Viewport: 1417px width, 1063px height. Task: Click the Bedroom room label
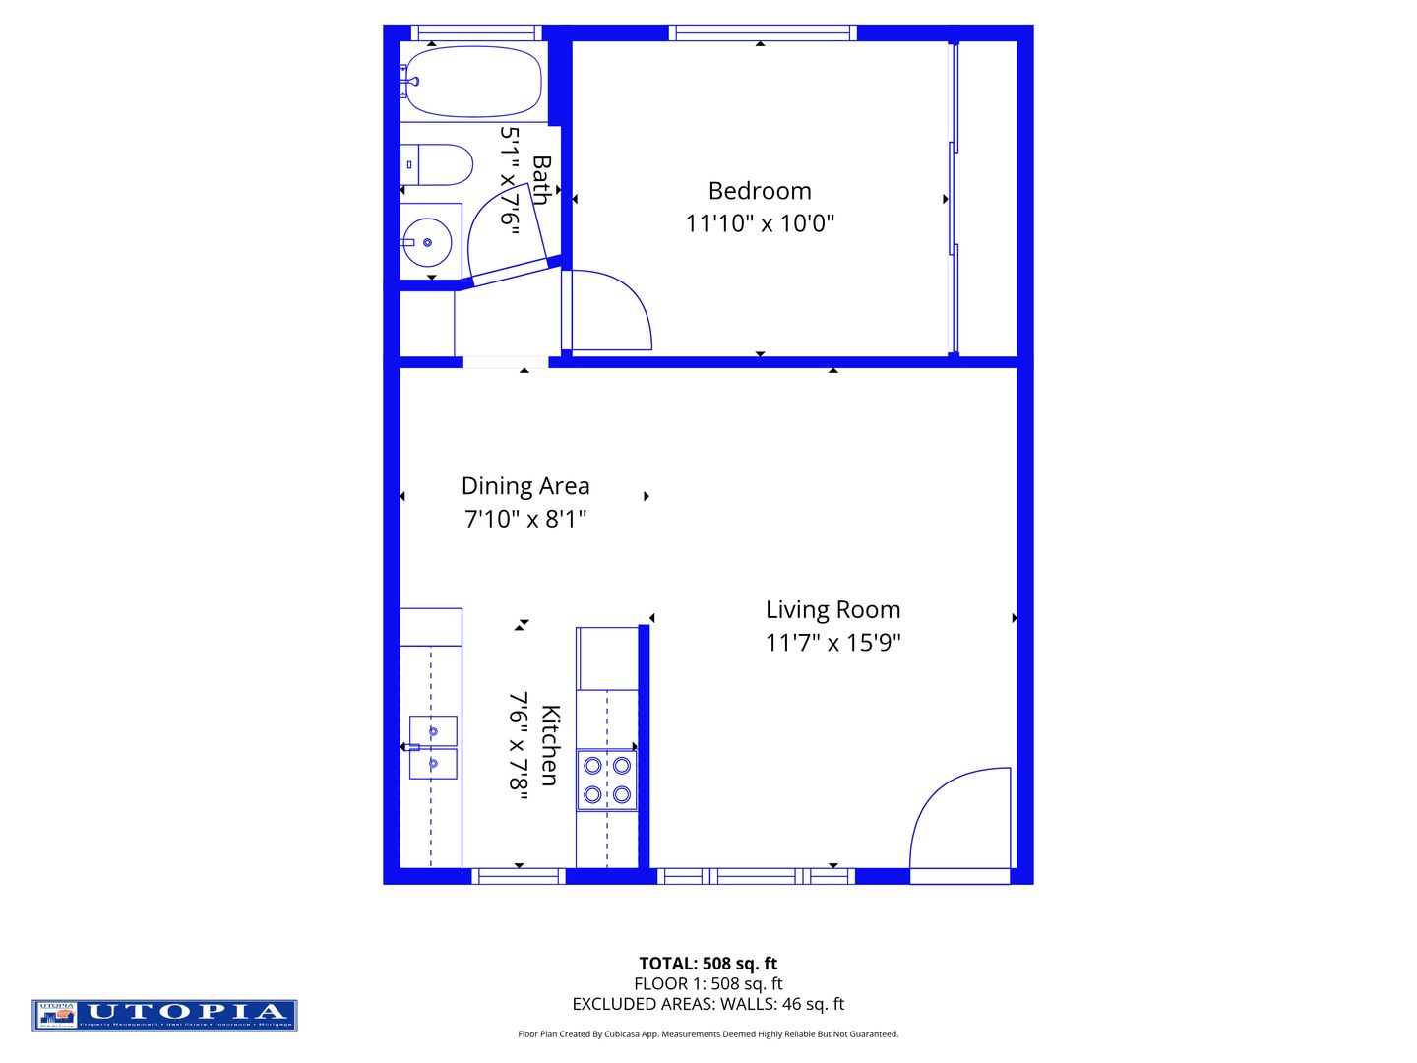click(760, 191)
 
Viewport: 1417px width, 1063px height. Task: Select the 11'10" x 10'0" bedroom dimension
click(760, 223)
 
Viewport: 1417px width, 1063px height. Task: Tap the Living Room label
click(832, 610)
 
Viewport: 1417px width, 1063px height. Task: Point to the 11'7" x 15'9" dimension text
click(832, 643)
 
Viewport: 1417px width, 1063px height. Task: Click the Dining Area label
click(525, 486)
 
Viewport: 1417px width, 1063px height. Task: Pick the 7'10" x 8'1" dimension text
click(525, 519)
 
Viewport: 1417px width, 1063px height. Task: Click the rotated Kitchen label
click(549, 745)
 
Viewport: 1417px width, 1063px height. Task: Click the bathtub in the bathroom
click(473, 82)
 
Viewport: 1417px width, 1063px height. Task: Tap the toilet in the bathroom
click(440, 165)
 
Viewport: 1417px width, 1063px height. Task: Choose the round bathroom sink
click(427, 242)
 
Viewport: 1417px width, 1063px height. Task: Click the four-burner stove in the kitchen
click(606, 780)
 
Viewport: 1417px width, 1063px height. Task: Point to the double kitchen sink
click(433, 747)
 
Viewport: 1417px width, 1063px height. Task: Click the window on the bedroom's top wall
click(762, 33)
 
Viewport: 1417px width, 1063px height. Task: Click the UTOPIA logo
click(164, 1015)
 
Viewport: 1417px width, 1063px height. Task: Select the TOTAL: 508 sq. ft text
click(708, 964)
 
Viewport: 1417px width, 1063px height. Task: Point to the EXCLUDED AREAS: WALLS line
click(708, 1004)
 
